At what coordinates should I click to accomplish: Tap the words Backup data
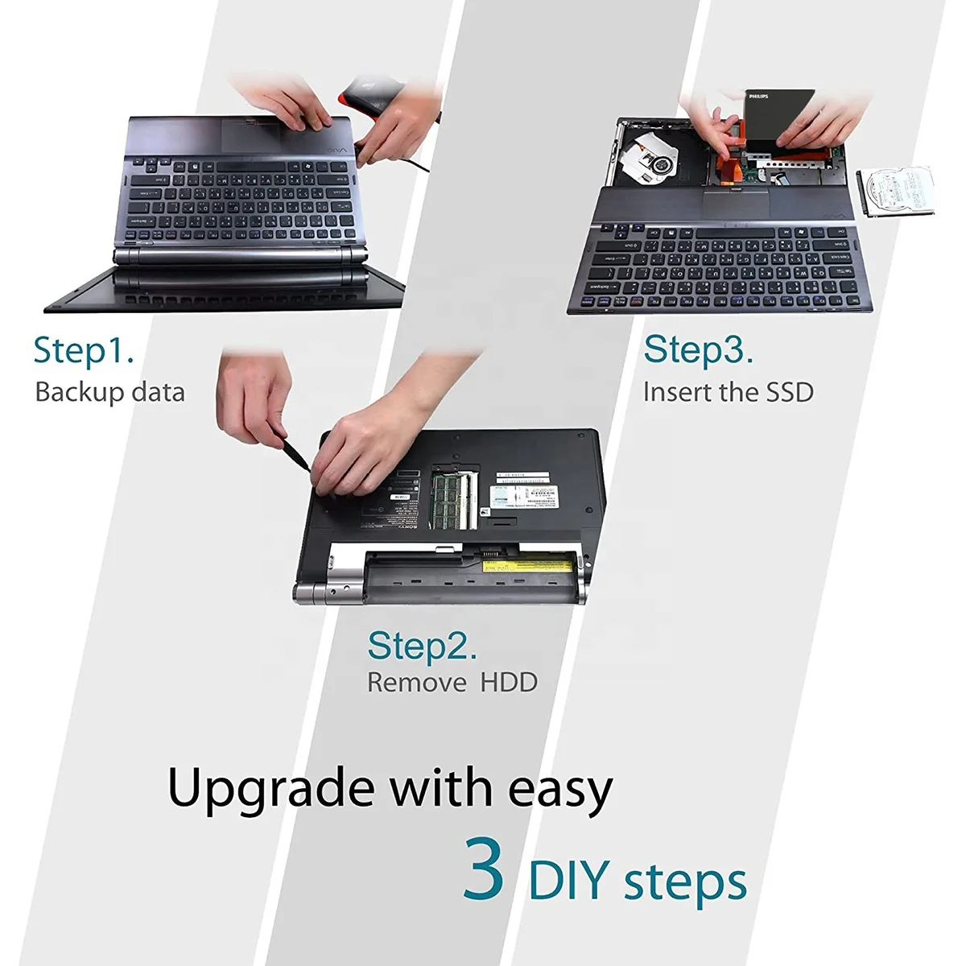(109, 392)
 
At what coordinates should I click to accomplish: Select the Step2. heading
(422, 646)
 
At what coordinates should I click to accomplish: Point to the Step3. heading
(698, 350)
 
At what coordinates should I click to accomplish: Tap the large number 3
(485, 869)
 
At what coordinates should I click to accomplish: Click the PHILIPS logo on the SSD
(758, 97)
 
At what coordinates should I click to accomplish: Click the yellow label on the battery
(520, 568)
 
